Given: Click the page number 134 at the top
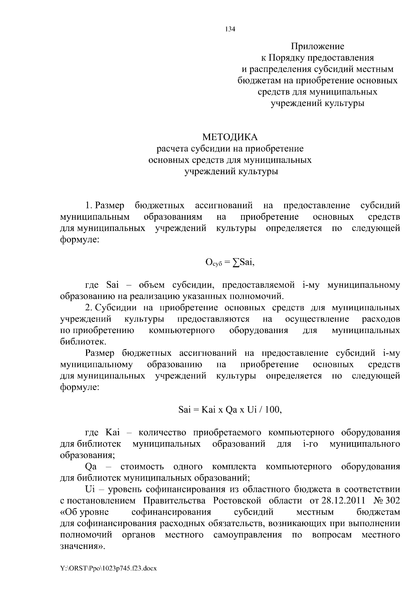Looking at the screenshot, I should tap(230, 29).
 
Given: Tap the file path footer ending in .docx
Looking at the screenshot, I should tap(108, 568).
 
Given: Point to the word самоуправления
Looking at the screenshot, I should tap(247, 535).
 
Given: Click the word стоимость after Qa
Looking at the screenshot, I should tap(142, 467).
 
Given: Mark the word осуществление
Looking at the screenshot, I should tap(317, 319).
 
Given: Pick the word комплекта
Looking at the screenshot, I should tap(234, 467).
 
